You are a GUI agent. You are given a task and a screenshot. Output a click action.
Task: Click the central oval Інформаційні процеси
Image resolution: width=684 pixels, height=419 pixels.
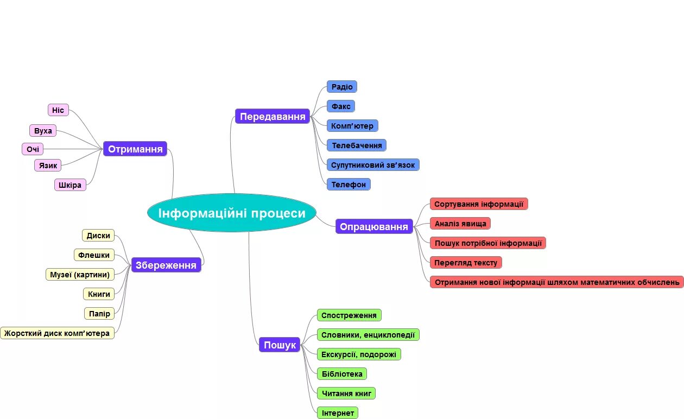coord(232,213)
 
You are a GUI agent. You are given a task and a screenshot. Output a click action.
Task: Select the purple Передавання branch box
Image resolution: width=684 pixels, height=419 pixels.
coord(273,116)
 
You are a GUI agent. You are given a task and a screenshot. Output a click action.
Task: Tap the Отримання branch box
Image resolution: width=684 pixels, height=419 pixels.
coord(135,149)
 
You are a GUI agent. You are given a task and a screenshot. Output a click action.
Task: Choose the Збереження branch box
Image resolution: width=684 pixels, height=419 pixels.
coord(166,265)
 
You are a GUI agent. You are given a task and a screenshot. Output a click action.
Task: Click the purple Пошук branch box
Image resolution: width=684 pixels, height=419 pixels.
coord(280,345)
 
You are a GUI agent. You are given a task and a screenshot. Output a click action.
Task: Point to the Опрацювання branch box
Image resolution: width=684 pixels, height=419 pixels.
coord(374,226)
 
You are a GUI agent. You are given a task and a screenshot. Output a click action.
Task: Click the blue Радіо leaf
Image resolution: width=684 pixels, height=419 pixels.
coord(342,87)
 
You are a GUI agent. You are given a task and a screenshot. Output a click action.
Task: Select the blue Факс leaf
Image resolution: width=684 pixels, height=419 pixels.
coord(341,106)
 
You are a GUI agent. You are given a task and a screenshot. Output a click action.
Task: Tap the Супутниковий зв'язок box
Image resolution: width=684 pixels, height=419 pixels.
coord(373,164)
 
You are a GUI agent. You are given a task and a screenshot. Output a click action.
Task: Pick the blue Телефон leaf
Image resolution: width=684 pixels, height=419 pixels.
coord(349,184)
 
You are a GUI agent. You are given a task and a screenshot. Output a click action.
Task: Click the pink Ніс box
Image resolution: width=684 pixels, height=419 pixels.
coord(58,110)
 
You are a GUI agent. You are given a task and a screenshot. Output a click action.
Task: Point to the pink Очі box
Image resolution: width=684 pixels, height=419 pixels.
coord(33,149)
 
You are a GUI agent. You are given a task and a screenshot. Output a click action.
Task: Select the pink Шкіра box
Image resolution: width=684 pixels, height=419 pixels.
coord(70,185)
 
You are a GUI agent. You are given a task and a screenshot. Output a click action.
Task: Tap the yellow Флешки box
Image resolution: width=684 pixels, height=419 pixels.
coord(94,255)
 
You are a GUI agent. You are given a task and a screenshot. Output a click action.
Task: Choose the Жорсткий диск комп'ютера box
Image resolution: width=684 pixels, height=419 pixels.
coord(58,333)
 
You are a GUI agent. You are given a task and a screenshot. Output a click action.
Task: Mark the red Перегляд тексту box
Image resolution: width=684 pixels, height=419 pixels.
coord(466,262)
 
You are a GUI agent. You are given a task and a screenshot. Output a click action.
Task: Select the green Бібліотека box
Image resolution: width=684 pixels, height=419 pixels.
coord(342,373)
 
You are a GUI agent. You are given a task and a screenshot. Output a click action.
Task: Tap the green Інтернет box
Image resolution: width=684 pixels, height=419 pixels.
coord(338,412)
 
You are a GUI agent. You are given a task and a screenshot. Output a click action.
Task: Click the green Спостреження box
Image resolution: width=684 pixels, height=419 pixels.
coord(349,315)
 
